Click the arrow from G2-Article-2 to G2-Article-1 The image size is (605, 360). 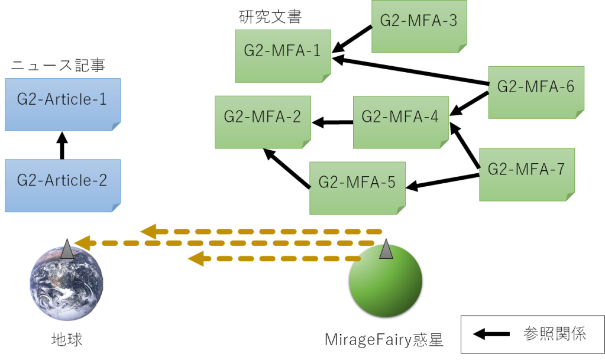click(63, 145)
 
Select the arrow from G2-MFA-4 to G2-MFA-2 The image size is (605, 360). click(332, 123)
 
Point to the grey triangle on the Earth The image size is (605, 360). click(67, 249)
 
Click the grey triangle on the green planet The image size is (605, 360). click(386, 249)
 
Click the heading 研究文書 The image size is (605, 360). click(270, 18)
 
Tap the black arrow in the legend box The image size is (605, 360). click(491, 335)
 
